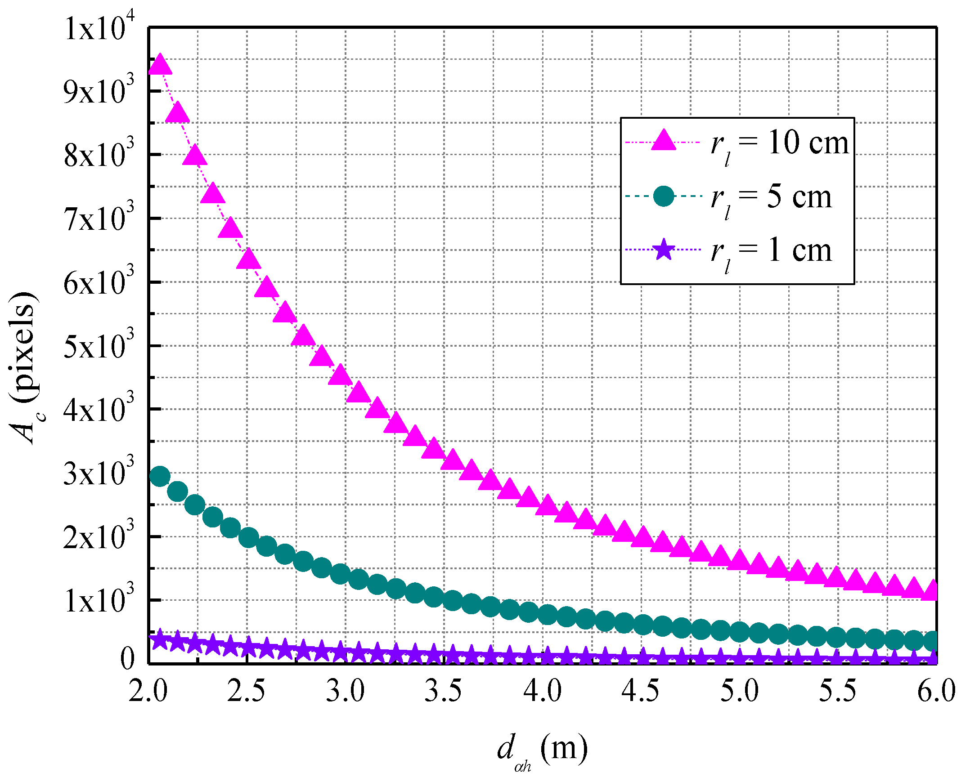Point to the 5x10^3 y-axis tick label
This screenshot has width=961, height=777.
99,346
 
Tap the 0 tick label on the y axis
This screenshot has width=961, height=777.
127,660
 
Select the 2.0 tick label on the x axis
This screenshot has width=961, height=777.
148,691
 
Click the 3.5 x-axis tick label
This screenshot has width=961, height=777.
444,691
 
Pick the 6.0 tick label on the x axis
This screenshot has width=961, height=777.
936,691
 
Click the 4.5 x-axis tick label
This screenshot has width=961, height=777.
640,691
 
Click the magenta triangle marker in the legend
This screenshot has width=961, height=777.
664,140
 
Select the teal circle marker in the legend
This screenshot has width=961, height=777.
664,196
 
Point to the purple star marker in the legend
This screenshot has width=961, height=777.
664,250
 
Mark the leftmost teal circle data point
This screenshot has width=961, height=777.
160,476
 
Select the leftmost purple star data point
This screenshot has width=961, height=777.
160,639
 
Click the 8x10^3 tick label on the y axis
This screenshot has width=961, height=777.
99,155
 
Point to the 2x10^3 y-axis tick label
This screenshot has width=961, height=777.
99,537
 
